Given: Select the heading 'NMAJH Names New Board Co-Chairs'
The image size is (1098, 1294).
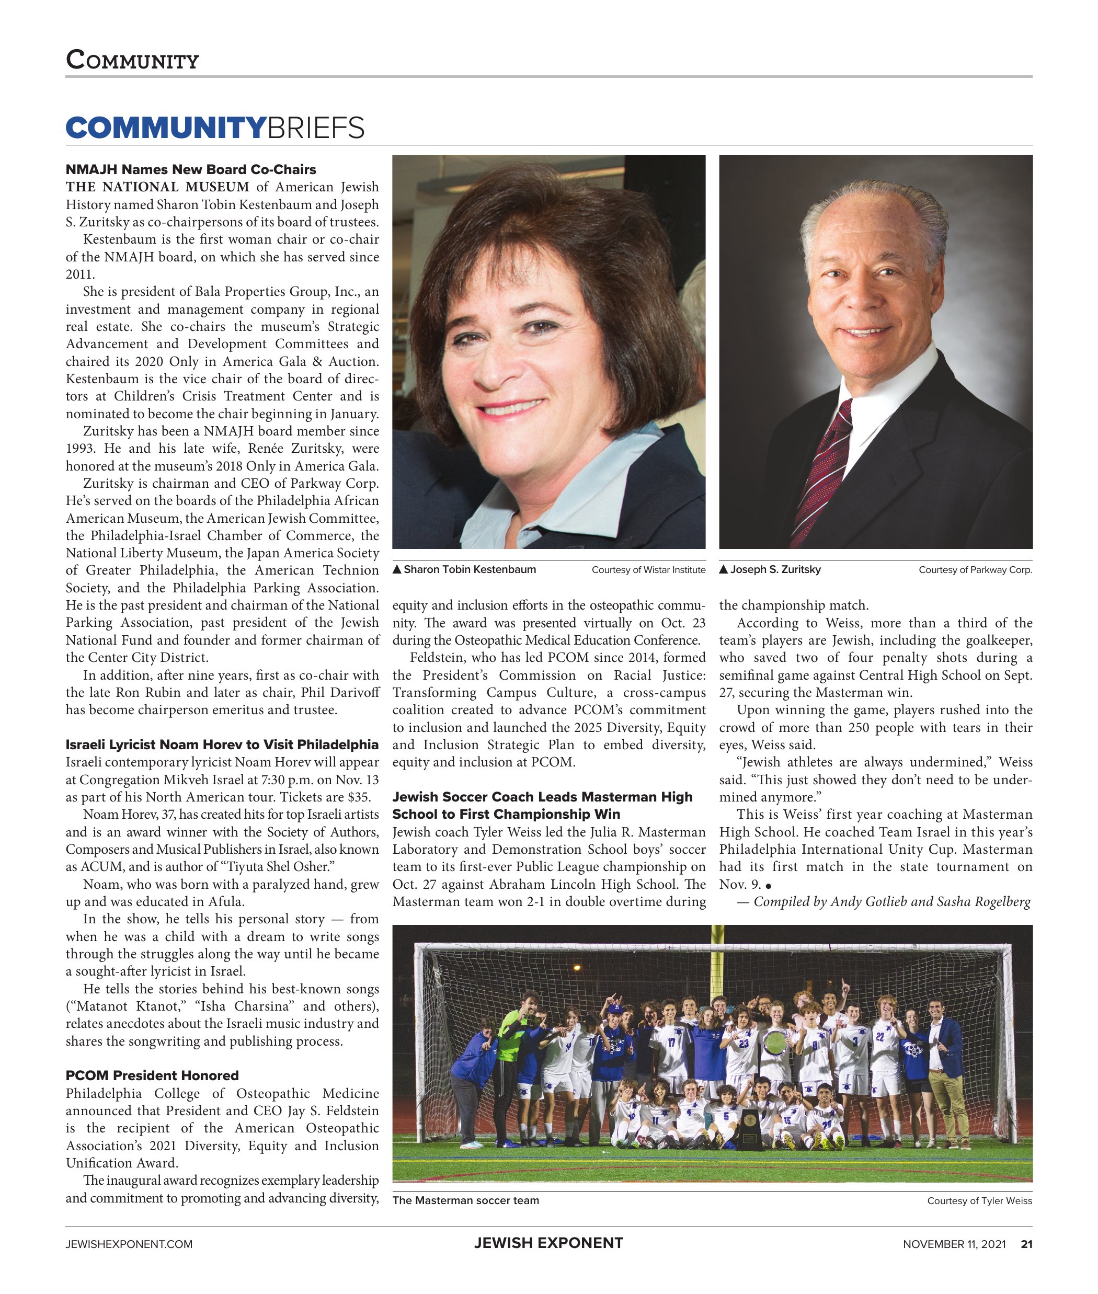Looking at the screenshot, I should point(190,169).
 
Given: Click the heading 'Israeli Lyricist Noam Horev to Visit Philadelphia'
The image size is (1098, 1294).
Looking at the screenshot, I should point(222,745).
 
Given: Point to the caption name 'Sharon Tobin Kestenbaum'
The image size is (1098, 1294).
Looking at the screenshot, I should point(470,569).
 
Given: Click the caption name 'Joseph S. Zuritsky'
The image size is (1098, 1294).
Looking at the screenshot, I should point(775,569).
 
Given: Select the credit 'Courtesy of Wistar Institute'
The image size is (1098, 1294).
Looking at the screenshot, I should point(648,569).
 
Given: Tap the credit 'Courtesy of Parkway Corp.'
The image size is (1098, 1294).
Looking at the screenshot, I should point(975,569).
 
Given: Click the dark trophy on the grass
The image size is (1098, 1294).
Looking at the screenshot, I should point(749,1128).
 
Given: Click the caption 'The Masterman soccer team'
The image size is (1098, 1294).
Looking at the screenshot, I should point(465,1200).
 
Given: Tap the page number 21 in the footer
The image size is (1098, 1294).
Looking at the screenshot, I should point(1026,1244).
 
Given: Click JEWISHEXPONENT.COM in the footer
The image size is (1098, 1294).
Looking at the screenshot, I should point(129,1244).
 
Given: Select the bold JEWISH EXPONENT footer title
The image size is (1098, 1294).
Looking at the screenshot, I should point(548,1243).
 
